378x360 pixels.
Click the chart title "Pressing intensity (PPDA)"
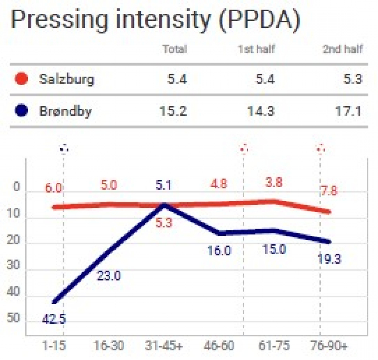pyautogui.click(x=156, y=20)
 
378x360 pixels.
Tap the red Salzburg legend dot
pyautogui.click(x=21, y=79)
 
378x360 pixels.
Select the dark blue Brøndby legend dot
pyautogui.click(x=21, y=111)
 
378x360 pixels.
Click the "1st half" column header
pyautogui.click(x=257, y=49)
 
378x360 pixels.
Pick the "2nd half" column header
pyautogui.click(x=343, y=49)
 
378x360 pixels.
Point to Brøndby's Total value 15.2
pyautogui.click(x=173, y=111)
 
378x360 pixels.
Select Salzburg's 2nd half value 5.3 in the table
pyautogui.click(x=353, y=79)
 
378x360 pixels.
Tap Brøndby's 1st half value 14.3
pyautogui.click(x=261, y=111)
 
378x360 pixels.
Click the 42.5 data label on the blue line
pyautogui.click(x=54, y=319)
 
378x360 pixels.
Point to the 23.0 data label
pyautogui.click(x=109, y=276)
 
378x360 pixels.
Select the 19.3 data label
pyautogui.click(x=329, y=259)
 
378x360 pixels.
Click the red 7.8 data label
pyautogui.click(x=329, y=191)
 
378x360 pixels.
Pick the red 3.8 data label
pyautogui.click(x=274, y=182)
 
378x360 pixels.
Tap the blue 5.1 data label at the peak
pyautogui.click(x=164, y=186)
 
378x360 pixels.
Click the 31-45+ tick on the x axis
pyautogui.click(x=164, y=346)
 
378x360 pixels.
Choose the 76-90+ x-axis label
pyautogui.click(x=329, y=346)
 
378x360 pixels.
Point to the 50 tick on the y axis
pyautogui.click(x=13, y=318)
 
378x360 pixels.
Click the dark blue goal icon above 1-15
pyautogui.click(x=64, y=149)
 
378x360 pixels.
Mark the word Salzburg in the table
pyautogui.click(x=66, y=79)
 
